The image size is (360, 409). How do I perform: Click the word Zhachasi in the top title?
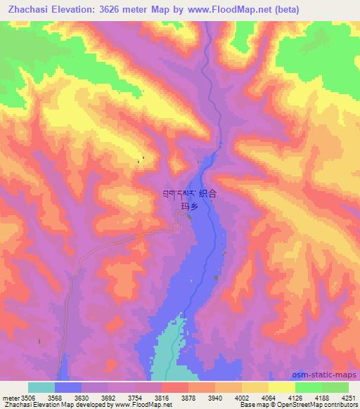tap(28, 10)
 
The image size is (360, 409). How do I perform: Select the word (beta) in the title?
tap(287, 10)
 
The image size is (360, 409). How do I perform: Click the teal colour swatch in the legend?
tap(41, 388)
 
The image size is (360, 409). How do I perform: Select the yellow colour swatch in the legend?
tap(282, 388)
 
